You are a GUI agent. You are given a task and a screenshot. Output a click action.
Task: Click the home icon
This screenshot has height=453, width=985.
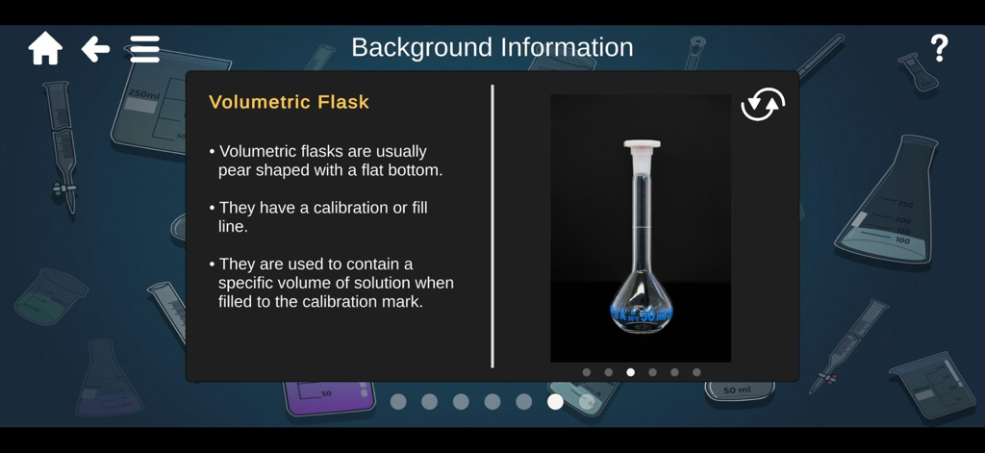(45, 48)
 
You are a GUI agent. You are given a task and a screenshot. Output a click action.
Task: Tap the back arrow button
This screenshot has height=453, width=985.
(95, 48)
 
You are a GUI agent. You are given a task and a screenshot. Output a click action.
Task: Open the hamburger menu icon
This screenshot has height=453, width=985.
(145, 48)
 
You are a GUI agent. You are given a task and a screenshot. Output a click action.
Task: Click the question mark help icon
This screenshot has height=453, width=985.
(939, 48)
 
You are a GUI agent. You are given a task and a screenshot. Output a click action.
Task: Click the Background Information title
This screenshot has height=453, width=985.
(492, 47)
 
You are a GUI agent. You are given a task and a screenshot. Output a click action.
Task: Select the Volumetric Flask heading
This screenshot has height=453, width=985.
(289, 102)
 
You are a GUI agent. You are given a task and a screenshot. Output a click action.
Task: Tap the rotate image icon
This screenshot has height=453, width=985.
(763, 104)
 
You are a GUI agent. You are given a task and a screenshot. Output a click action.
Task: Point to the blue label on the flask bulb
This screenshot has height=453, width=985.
(642, 314)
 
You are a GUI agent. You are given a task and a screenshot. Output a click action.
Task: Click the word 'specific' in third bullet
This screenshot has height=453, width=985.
(248, 283)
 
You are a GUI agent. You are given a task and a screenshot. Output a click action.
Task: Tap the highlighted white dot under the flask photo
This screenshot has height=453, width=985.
(631, 372)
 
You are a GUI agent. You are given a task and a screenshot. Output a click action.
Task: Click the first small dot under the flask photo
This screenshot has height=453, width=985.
(587, 372)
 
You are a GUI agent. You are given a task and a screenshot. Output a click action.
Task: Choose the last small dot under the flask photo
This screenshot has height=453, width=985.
(696, 372)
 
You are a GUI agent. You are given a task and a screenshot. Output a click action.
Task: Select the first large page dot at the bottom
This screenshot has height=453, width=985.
(398, 401)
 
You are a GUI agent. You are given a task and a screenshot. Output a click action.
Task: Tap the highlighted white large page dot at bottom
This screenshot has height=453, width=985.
(555, 401)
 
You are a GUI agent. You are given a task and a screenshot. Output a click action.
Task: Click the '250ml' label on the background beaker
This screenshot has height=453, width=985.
(143, 94)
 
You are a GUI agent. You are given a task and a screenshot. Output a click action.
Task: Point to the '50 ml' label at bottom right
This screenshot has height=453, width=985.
(737, 390)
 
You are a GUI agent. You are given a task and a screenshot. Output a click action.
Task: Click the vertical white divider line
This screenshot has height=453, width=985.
(492, 226)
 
